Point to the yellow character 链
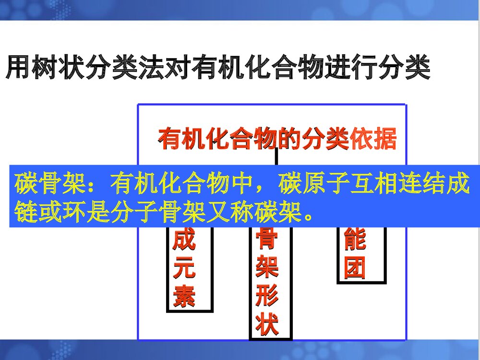click(x=27, y=210)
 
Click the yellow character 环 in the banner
click(x=74, y=210)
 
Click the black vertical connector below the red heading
click(x=276, y=156)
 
